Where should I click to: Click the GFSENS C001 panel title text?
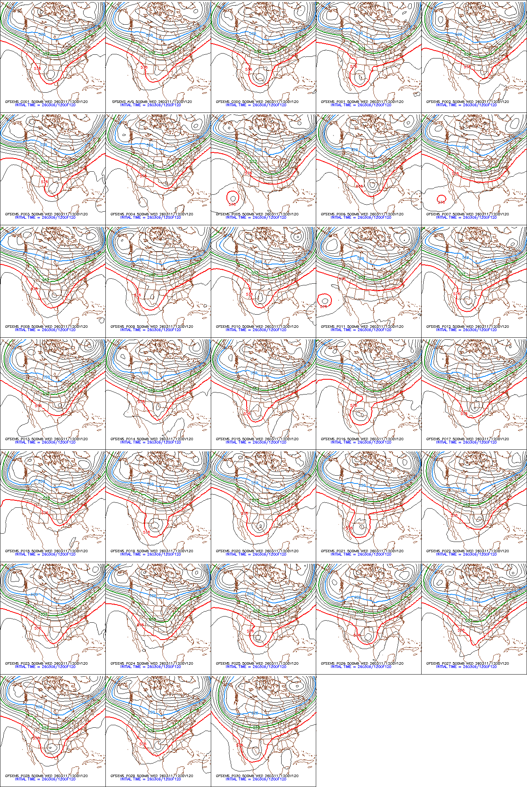pos(46,102)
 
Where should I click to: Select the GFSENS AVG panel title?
pos(152,102)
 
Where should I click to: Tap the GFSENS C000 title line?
pos(257,102)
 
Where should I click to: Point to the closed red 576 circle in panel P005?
pos(233,198)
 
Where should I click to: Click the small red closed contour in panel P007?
pos(441,199)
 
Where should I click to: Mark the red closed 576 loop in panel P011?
pos(324,299)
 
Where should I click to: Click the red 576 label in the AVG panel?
pos(144,67)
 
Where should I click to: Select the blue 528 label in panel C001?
pos(42,34)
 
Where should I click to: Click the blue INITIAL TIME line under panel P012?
pos(466,330)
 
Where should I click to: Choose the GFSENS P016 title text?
pos(362,439)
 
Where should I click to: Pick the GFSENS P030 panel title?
pos(257,776)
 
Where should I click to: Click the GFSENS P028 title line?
pos(46,776)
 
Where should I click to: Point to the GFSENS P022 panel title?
pos(467,551)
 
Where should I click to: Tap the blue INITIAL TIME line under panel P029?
pos(150,779)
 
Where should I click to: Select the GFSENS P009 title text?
pos(152,327)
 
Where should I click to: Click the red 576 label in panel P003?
pos(44,181)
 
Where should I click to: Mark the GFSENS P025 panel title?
pos(257,663)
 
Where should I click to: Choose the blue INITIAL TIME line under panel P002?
pos(466,105)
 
